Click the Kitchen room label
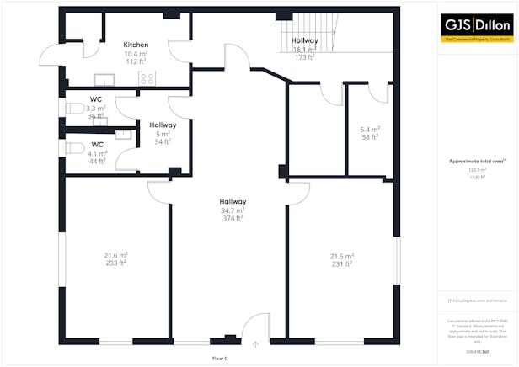[136, 45]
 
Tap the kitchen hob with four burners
[147, 78]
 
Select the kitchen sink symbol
[104, 80]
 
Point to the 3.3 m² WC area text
[96, 109]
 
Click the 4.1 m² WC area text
[97, 153]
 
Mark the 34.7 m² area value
[233, 210]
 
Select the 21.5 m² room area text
[341, 256]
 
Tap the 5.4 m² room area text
[371, 129]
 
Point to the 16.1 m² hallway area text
[304, 50]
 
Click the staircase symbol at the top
[299, 29]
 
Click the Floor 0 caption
[221, 359]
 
